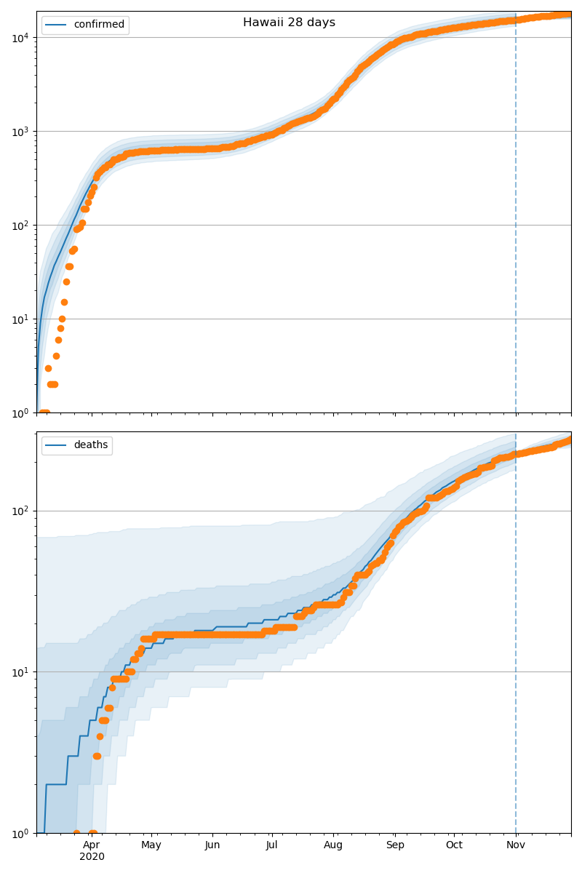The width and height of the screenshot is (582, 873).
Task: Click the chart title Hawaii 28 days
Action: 289,23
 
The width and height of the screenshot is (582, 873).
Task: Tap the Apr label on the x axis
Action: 91,845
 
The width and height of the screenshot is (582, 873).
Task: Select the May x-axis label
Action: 151,845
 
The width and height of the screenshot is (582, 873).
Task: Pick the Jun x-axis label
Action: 212,845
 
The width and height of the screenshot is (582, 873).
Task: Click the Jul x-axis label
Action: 271,845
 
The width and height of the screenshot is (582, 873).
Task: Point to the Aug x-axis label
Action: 333,845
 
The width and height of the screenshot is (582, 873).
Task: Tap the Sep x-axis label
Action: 395,845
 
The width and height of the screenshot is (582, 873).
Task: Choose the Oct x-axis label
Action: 454,845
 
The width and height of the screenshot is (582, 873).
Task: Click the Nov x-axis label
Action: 516,845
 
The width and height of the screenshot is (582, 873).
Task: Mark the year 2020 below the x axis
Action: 92,856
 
